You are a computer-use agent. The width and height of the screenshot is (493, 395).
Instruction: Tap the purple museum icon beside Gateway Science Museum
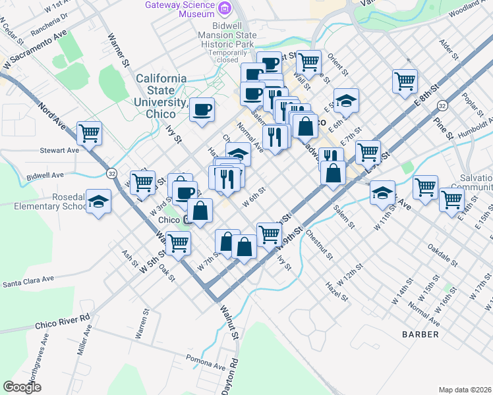[x=225, y=7]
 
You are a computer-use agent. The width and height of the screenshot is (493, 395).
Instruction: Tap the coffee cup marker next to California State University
[x=202, y=109]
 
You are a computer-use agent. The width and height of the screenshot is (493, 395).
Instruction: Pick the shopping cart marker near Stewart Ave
[x=89, y=132]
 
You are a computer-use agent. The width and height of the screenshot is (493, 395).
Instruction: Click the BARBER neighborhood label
[x=420, y=334]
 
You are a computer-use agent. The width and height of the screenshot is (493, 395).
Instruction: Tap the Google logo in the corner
[x=22, y=387]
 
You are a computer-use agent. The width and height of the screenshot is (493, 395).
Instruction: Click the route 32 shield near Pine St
[x=442, y=105]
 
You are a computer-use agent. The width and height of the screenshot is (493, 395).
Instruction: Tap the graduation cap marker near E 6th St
[x=346, y=100]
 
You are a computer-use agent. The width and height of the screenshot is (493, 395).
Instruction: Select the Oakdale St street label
[x=443, y=255]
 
